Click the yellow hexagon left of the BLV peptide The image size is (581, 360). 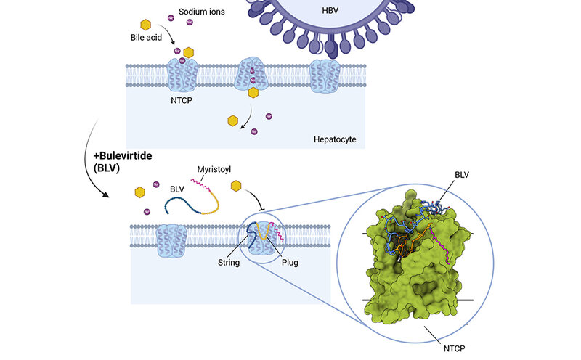(140, 192)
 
